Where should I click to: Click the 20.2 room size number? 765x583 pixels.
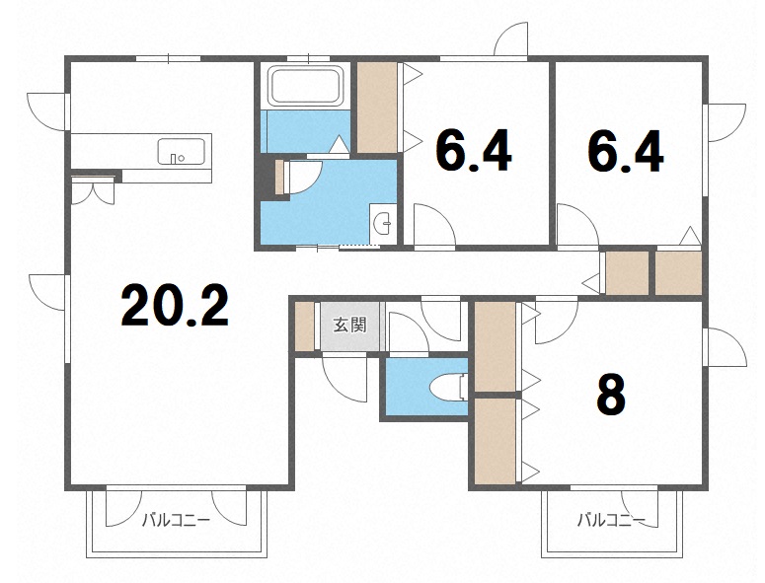tap(175, 306)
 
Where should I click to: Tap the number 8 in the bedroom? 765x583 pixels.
tap(611, 394)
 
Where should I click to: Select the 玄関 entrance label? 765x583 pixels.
tap(349, 325)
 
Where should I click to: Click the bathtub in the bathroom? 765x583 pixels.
tap(305, 86)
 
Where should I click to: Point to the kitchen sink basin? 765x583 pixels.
tap(181, 151)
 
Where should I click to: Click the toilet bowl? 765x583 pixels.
tap(448, 387)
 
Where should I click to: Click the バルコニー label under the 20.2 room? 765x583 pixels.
tap(176, 521)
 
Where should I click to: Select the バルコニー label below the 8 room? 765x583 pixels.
tap(611, 521)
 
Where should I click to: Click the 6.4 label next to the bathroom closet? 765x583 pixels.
tap(474, 151)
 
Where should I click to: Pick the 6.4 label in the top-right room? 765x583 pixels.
tap(626, 151)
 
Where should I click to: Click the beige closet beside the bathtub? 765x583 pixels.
tap(377, 108)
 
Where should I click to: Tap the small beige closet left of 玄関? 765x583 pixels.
tap(305, 327)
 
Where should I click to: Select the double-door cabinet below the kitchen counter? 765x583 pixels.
tap(93, 190)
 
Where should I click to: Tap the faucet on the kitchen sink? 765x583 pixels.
tap(173, 159)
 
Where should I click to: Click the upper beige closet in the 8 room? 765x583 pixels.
tap(495, 346)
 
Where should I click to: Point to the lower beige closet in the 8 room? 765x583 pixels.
tap(495, 441)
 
